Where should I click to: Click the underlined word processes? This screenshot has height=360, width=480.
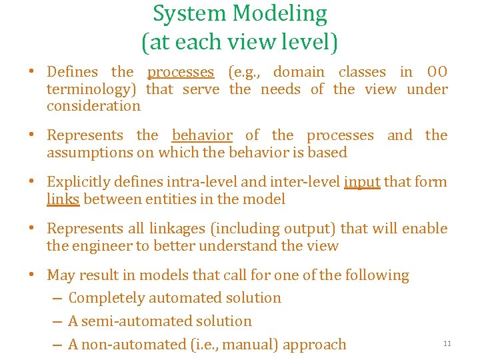181,72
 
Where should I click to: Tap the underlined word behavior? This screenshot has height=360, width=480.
202,135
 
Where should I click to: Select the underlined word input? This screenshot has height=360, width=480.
362,182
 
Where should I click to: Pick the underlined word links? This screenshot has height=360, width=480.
63,199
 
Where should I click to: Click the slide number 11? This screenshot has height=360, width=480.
447,343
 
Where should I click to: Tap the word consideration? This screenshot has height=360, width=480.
93,106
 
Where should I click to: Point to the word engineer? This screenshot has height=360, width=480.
100,246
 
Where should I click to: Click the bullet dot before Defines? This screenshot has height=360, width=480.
32,73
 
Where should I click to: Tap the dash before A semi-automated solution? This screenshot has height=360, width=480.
57,321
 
